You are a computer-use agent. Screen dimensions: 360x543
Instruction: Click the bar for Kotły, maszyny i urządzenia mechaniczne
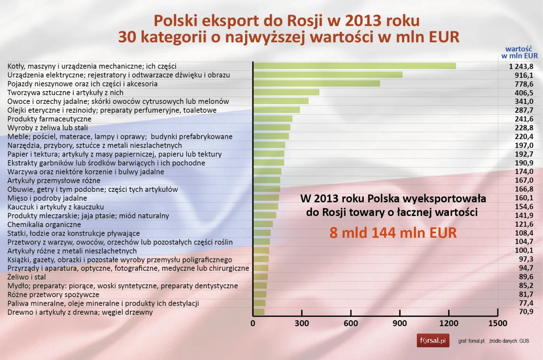(355, 66)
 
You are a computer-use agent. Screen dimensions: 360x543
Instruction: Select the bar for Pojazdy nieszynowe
(316, 84)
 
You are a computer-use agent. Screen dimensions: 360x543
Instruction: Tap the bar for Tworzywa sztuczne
(286, 93)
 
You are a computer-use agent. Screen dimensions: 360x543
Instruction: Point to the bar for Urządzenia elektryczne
(328, 75)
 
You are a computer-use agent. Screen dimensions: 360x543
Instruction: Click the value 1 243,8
(521, 67)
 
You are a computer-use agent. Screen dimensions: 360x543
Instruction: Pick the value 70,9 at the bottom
(526, 312)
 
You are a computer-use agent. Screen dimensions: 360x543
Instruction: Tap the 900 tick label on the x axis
(399, 323)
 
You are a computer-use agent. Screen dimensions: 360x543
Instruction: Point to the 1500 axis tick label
(497, 323)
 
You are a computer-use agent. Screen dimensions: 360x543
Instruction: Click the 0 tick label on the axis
(253, 323)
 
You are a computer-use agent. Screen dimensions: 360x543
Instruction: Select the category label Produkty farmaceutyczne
(49, 119)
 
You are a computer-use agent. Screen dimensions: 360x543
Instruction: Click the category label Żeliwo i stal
(26, 277)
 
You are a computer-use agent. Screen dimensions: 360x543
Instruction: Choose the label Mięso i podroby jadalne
(47, 198)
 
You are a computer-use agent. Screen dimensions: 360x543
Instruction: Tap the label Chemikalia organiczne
(44, 224)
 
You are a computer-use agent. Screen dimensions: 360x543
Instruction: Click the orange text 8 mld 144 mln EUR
(393, 233)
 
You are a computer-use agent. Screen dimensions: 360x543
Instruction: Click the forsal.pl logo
(433, 341)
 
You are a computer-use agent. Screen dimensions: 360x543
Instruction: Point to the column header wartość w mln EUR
(519, 52)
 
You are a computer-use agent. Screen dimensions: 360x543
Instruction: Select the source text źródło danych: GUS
(509, 341)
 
